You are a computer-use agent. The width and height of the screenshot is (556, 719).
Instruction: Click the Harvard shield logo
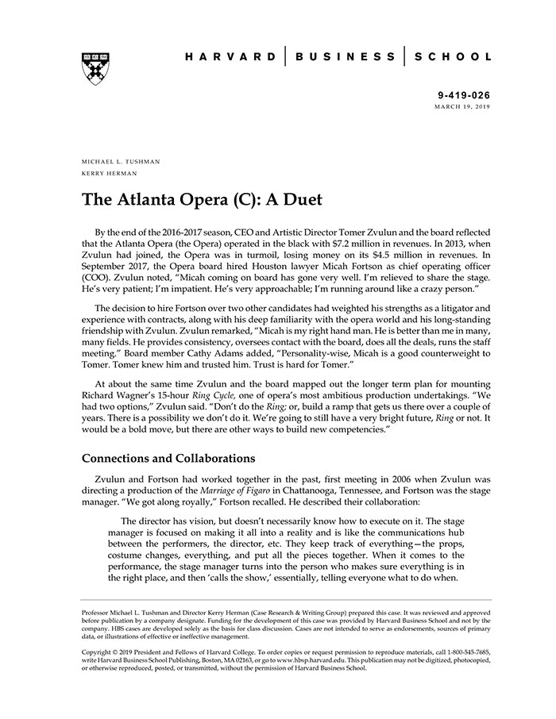(x=95, y=68)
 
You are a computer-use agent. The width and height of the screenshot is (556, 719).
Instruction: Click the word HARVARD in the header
(x=231, y=57)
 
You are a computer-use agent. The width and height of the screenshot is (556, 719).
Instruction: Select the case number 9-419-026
(x=465, y=94)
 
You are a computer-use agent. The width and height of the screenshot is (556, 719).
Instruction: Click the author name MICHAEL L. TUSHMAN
(x=121, y=161)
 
